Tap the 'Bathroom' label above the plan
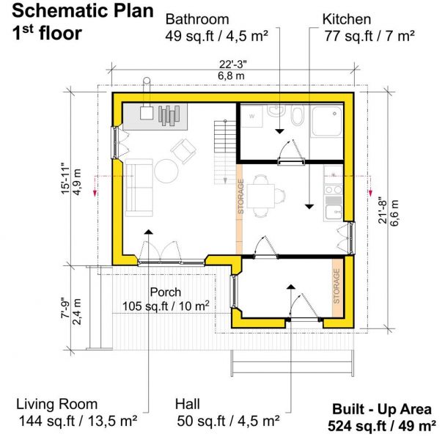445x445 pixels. pyautogui.click(x=196, y=19)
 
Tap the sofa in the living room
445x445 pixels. pyautogui.click(x=139, y=187)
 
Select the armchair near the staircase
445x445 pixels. pyautogui.click(x=183, y=151)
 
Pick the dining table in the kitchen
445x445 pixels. pyautogui.click(x=263, y=196)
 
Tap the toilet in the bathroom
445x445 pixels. pyautogui.click(x=298, y=117)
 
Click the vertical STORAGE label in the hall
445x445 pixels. pyautogui.click(x=336, y=287)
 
